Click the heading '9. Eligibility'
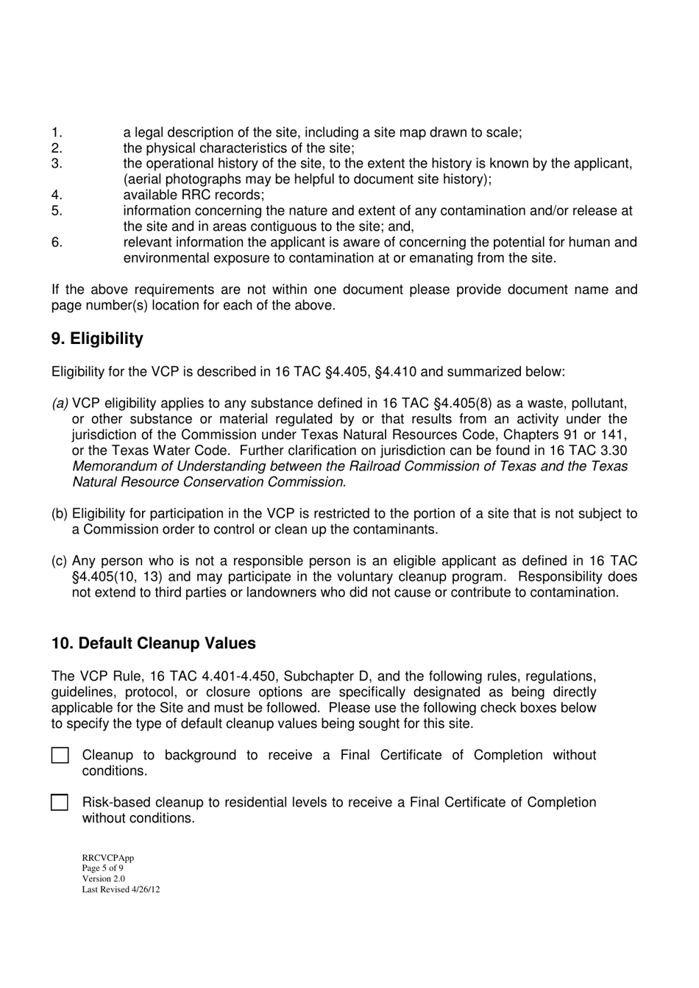click(x=97, y=339)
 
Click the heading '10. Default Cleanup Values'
click(x=154, y=643)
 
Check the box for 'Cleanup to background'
click(x=60, y=756)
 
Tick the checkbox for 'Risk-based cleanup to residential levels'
click(x=60, y=803)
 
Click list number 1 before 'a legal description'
click(x=56, y=133)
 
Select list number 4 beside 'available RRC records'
click(x=57, y=196)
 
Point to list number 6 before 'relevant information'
click(x=57, y=243)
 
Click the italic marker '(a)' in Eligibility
click(x=60, y=404)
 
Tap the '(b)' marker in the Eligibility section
click(x=60, y=514)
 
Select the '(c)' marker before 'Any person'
click(x=60, y=561)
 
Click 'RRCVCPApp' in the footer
click(x=107, y=858)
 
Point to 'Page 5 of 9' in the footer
click(x=102, y=868)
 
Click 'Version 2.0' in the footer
click(x=103, y=878)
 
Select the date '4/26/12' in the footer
click(x=145, y=889)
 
